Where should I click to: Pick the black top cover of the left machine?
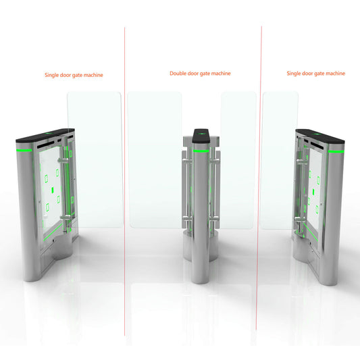41,136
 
